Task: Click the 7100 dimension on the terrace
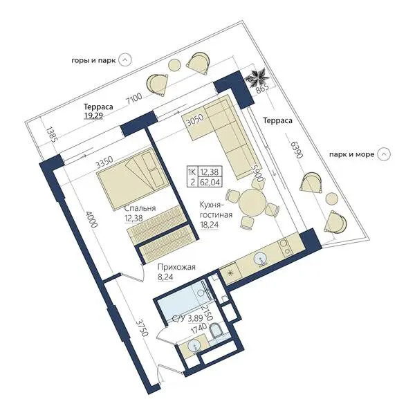pos(134,99)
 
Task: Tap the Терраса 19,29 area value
pos(93,116)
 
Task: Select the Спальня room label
pos(140,208)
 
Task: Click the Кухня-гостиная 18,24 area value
pos(209,225)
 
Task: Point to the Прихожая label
pos(176,267)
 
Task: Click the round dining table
pos(252,203)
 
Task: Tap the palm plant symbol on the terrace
pos(257,77)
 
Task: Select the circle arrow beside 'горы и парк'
pos(125,60)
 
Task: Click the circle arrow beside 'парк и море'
pos(384,154)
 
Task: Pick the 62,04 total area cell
pos(210,182)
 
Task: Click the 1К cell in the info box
pos(192,172)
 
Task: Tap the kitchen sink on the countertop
pos(261,259)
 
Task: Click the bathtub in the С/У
pos(183,305)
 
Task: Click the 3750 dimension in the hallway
pos(141,328)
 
